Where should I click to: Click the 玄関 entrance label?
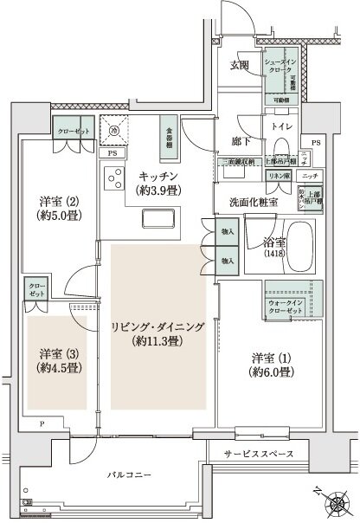[240, 65]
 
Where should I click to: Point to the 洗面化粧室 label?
[253, 202]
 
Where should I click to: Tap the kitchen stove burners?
[112, 178]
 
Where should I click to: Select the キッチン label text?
[157, 177]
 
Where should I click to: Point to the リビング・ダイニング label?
[157, 326]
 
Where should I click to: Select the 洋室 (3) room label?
[58, 353]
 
